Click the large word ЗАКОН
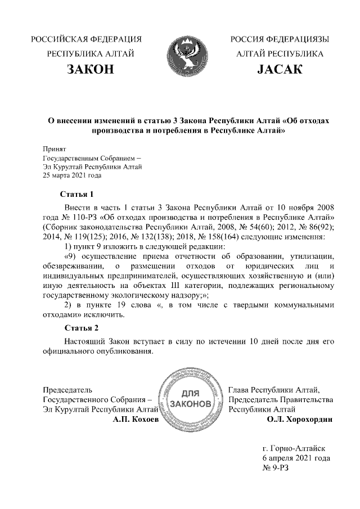point(90,70)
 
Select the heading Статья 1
point(76,195)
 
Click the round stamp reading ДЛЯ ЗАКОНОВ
point(190,400)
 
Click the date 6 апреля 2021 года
point(296,458)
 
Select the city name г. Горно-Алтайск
point(294,448)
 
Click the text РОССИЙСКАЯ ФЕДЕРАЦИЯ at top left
point(86,39)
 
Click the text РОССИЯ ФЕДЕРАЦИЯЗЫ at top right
point(280,39)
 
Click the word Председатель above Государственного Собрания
point(68,389)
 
